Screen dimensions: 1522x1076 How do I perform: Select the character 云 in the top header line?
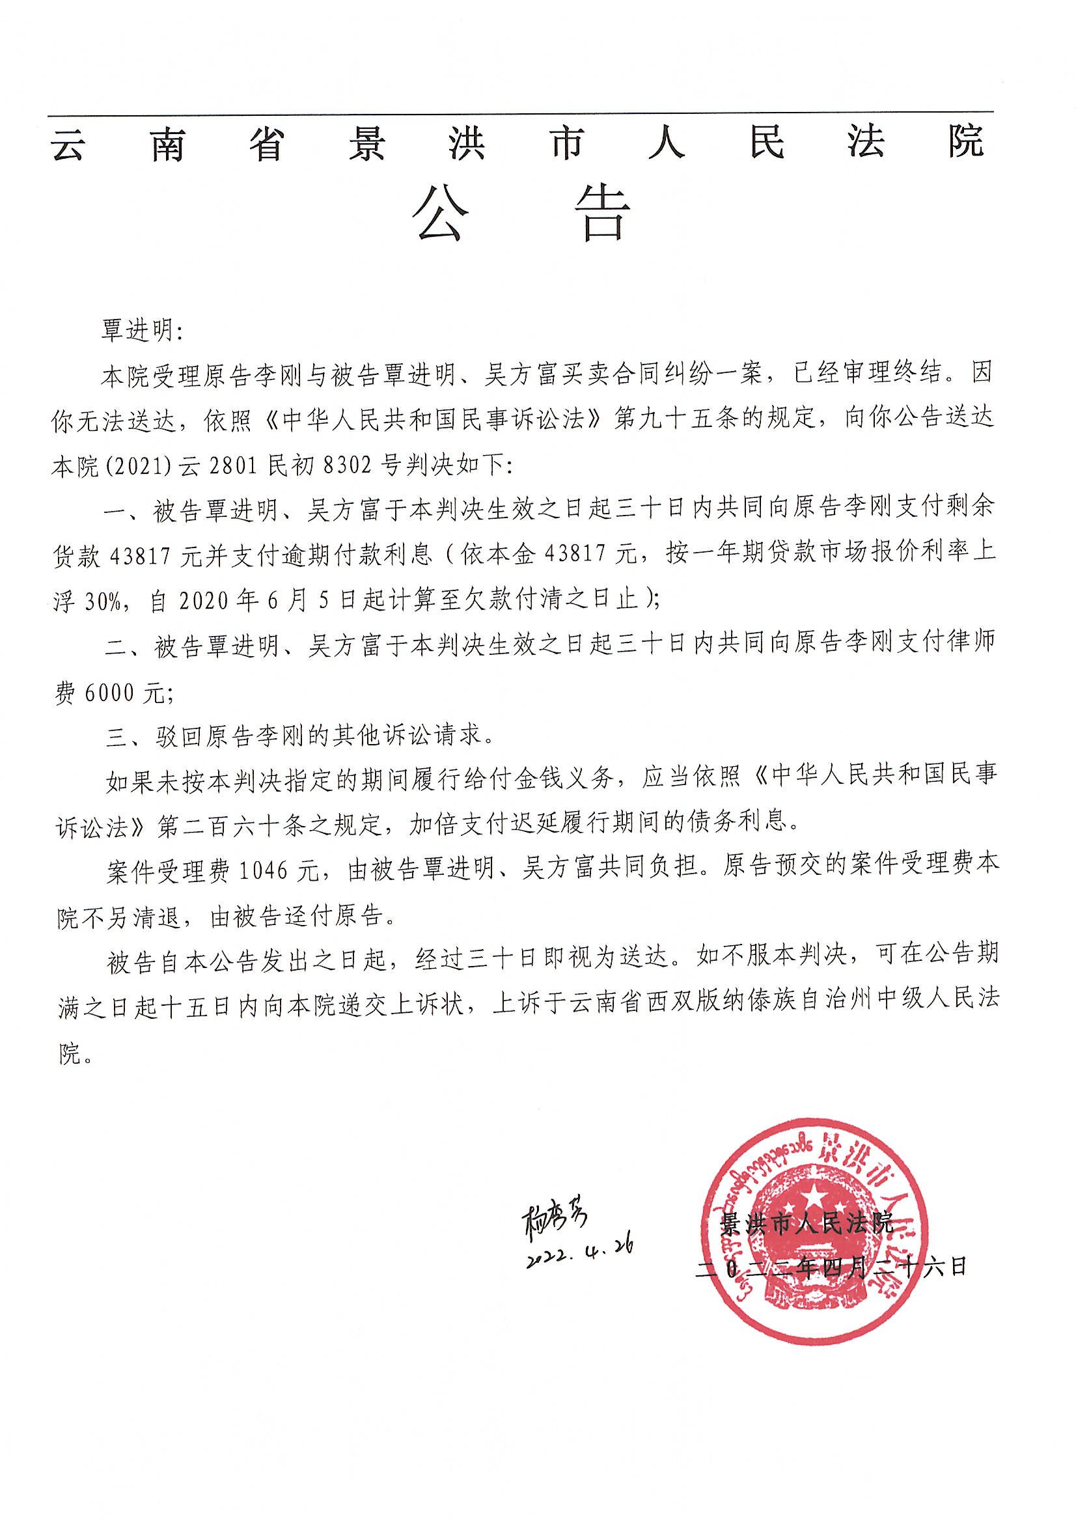point(68,144)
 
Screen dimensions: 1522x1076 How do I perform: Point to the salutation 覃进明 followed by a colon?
point(141,329)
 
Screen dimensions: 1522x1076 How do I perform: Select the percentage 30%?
point(103,602)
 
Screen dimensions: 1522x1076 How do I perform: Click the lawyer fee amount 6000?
point(109,693)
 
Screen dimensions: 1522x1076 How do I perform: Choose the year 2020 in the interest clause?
point(203,602)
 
